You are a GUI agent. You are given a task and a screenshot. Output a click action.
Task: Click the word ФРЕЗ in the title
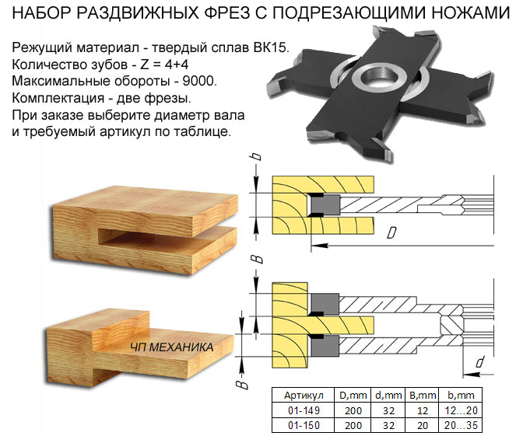tap(226, 12)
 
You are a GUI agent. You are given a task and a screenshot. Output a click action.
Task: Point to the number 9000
tap(199, 81)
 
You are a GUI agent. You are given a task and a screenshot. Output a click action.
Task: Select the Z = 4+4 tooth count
tap(164, 64)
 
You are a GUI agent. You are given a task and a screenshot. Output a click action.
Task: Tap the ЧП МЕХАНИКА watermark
tap(172, 347)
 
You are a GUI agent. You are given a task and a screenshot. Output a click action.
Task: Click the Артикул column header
tap(304, 396)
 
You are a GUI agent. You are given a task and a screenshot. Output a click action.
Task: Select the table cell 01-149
tap(304, 410)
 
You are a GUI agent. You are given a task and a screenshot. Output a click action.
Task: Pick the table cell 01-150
tap(304, 425)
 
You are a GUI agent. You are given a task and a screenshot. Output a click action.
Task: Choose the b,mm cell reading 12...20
tap(461, 410)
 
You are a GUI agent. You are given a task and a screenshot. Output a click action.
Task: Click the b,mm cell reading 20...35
tap(461, 425)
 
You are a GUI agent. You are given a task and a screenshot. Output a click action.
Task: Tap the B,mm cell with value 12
tap(422, 410)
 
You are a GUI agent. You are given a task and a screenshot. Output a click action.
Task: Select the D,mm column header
tap(353, 396)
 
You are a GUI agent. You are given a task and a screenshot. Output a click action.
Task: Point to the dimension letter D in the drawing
tap(391, 233)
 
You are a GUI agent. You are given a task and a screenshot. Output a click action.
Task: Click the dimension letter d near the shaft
tap(479, 361)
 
